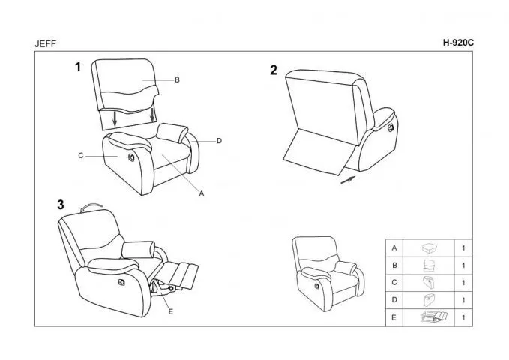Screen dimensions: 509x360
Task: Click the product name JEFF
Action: point(46,43)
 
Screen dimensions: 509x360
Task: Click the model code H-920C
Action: point(458,43)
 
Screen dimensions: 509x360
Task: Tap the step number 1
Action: point(78,67)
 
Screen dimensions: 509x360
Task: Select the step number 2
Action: point(274,70)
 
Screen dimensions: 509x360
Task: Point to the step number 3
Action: point(61,205)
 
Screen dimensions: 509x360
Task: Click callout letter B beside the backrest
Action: point(177,80)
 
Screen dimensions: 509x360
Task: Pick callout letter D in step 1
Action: point(219,141)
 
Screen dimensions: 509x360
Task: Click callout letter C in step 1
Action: point(81,156)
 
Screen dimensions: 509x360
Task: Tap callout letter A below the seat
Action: point(202,193)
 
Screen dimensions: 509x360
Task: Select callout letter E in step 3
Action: point(171,311)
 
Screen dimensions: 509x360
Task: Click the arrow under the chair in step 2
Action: point(348,180)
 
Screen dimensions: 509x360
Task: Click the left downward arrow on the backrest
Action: point(115,118)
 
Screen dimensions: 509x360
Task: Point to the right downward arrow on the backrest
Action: point(152,115)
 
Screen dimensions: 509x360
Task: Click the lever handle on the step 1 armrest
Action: point(131,157)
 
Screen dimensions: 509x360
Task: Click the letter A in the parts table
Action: point(394,248)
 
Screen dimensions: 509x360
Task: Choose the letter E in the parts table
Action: point(394,317)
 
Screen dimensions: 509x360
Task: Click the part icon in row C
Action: point(429,283)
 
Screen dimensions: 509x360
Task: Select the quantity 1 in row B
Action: point(463,265)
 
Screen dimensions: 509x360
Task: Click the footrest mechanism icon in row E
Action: point(434,316)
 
